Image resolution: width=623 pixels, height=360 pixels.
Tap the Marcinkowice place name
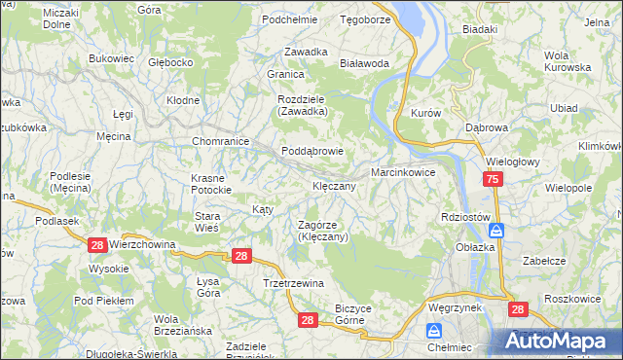402,171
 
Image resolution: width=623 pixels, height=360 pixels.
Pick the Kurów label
426,112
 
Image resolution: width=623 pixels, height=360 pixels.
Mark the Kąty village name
263,209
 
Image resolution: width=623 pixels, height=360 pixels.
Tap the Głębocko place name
171,62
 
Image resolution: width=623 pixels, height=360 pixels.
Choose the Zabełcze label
544,261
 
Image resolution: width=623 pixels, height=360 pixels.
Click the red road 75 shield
494,180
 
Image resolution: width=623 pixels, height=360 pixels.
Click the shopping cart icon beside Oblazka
496,231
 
